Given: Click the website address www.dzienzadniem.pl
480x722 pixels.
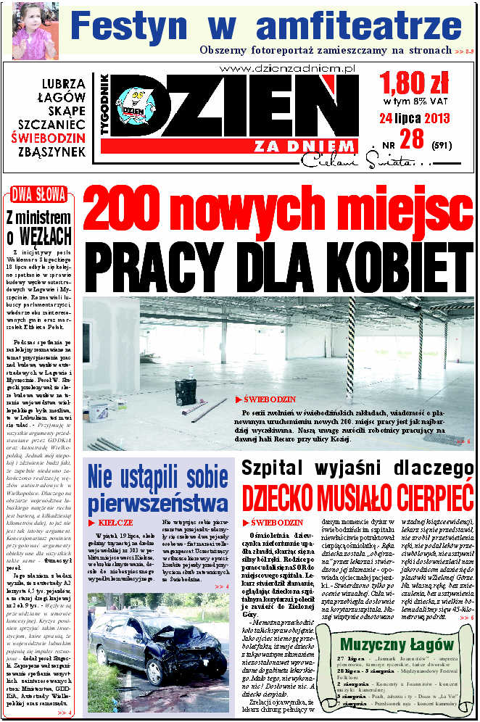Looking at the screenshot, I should (286, 68).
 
